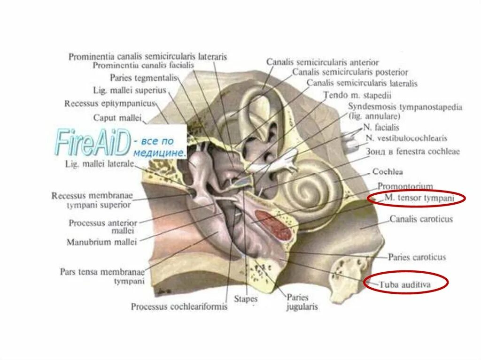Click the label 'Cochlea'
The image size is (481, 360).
(x=388, y=172)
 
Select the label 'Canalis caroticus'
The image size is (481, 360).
(x=421, y=219)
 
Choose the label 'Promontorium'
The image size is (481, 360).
(x=405, y=186)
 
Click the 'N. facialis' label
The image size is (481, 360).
(x=381, y=127)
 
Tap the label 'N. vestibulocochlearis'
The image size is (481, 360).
(x=406, y=138)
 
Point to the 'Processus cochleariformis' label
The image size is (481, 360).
(x=179, y=307)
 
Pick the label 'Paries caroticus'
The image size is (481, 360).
(x=417, y=257)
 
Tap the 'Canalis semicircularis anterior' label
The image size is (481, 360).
(x=322, y=62)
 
